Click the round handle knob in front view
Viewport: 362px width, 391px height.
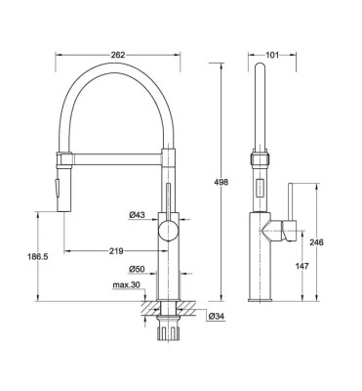pos(170,231)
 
